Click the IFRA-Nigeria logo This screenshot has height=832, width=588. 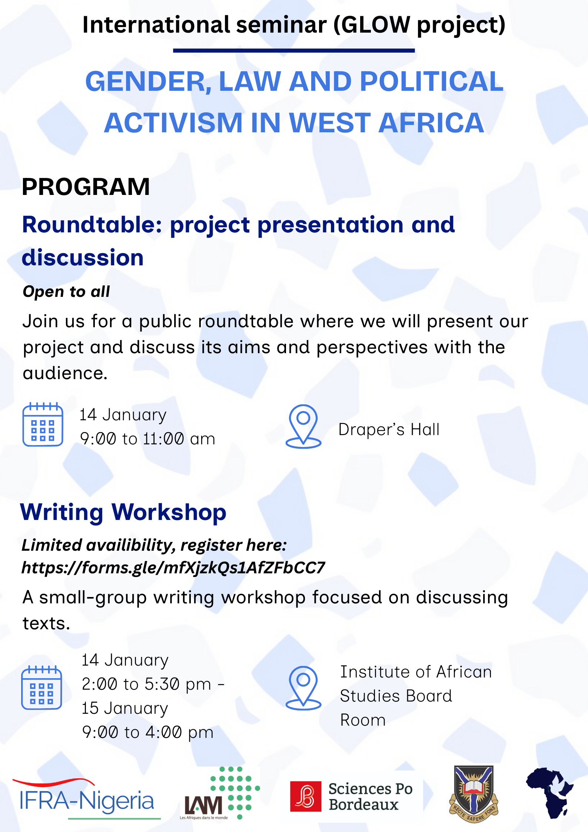pyautogui.click(x=86, y=800)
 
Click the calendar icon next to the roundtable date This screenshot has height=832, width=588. pyautogui.click(x=43, y=424)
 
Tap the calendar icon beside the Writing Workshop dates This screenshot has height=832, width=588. pyautogui.click(x=41, y=687)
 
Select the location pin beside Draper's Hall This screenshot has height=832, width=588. pyautogui.click(x=303, y=426)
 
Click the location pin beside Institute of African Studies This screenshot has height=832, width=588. pyautogui.click(x=303, y=688)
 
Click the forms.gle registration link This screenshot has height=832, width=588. pyautogui.click(x=173, y=567)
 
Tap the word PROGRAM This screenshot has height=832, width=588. pyautogui.click(x=86, y=186)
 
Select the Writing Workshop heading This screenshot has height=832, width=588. pyautogui.click(x=123, y=512)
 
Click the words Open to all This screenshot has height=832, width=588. pyautogui.click(x=66, y=292)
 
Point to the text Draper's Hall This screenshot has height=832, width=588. pyautogui.click(x=389, y=430)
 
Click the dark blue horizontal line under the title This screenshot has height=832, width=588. pyautogui.click(x=293, y=50)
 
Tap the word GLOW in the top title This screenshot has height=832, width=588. pyautogui.click(x=375, y=25)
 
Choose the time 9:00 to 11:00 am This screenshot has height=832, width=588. pyautogui.click(x=147, y=439)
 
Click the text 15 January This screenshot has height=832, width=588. pyautogui.click(x=125, y=708)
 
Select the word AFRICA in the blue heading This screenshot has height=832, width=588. pyautogui.click(x=431, y=123)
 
